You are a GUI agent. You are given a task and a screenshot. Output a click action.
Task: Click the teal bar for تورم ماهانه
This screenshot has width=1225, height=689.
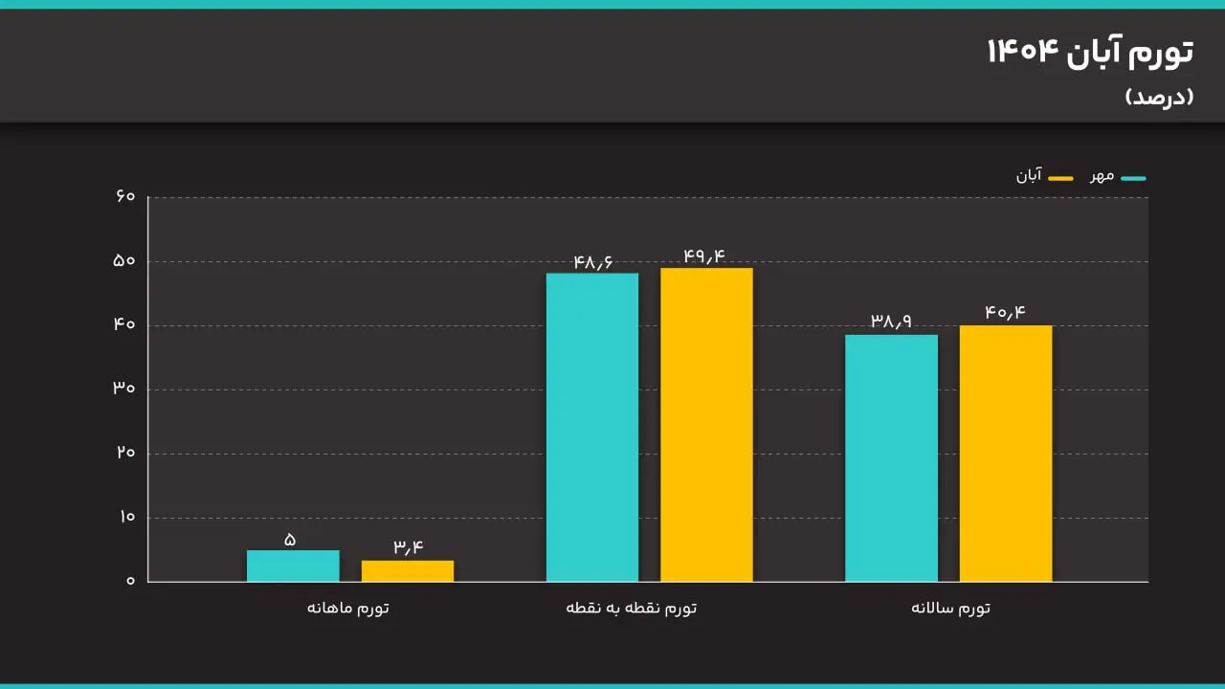coord(293,566)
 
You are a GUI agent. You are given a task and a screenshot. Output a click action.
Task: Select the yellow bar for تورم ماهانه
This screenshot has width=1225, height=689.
coord(408,570)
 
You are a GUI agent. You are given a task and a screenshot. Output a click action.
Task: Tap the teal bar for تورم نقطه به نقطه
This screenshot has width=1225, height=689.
coord(592,427)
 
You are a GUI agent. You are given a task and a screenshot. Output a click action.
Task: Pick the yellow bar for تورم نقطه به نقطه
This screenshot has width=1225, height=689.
coord(706,424)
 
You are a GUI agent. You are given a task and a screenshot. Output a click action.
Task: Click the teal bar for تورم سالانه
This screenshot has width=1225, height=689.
coord(891,457)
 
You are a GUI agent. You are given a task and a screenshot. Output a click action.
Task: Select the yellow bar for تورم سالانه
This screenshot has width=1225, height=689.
coord(1006,453)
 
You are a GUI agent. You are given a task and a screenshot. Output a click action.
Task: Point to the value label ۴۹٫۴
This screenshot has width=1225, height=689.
coord(704,256)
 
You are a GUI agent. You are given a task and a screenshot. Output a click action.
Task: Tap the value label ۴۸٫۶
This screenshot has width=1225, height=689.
coord(592,261)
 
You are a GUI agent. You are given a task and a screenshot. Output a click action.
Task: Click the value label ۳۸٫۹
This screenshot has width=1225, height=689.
coord(891,322)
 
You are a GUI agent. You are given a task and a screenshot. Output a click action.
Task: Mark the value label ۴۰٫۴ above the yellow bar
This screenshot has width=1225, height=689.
coord(1006,312)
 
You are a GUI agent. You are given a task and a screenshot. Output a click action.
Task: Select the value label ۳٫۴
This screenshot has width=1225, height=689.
coord(408,547)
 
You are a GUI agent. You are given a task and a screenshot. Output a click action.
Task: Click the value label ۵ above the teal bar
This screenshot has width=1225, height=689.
coord(290,540)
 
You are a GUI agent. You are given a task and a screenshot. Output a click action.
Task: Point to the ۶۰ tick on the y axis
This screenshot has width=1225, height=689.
coord(125,197)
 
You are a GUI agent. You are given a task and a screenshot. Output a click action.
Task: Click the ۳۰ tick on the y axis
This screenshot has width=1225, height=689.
coord(125,389)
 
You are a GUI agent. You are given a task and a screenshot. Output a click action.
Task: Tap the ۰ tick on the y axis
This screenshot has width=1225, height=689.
coord(130,581)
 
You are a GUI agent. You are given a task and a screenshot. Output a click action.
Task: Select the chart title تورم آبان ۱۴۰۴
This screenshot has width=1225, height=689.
coord(1090,53)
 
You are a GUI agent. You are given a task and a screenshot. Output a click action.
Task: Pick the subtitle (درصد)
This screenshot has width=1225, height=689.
coord(1159,97)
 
